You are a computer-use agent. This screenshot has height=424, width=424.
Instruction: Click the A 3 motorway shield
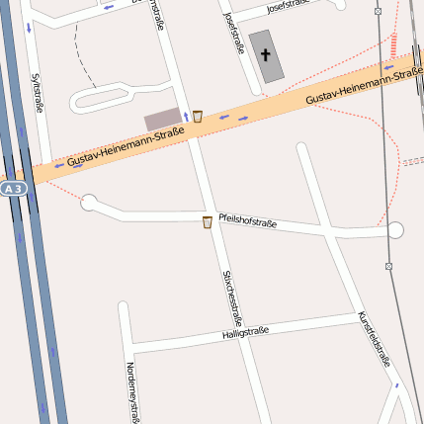(x=12, y=188)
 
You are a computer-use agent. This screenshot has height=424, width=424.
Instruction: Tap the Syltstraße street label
(x=38, y=91)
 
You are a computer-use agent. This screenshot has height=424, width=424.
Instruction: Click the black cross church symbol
(x=265, y=54)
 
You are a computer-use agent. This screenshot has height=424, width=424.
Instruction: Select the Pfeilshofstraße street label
(x=247, y=221)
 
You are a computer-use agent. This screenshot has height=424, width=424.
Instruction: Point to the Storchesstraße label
(x=232, y=297)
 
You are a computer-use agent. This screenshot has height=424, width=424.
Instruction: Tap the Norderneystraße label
(x=130, y=391)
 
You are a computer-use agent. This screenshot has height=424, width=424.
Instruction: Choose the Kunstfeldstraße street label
(x=375, y=339)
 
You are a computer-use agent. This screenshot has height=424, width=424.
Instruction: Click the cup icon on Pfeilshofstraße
(x=207, y=222)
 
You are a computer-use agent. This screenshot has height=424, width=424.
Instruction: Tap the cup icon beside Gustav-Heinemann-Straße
(x=198, y=116)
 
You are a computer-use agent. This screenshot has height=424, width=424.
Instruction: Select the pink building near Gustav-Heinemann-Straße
(x=163, y=120)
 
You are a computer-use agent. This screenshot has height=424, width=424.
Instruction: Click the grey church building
(x=265, y=56)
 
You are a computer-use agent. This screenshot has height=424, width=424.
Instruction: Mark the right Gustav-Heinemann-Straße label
(x=364, y=87)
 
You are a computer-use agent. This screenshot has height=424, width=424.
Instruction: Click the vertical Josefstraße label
(x=234, y=33)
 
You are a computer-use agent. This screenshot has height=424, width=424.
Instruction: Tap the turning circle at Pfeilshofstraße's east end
(x=395, y=230)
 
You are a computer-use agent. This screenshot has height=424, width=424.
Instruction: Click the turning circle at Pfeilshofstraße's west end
(x=89, y=203)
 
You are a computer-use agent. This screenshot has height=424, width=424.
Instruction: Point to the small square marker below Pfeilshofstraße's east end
(x=389, y=266)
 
